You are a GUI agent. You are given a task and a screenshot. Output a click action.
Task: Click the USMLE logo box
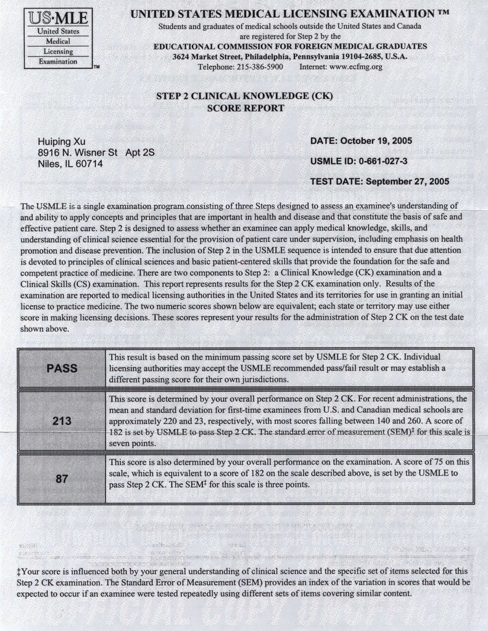[58, 38]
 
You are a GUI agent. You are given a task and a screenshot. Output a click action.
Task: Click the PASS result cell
[62, 368]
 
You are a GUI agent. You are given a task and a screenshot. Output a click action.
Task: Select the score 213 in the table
[62, 421]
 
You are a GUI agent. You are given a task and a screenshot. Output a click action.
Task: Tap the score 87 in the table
[62, 478]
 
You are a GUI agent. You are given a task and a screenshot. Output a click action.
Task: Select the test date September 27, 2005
[407, 181]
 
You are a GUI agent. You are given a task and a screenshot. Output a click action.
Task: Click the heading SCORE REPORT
[246, 108]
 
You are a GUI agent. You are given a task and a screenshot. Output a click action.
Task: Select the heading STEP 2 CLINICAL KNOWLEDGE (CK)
[245, 97]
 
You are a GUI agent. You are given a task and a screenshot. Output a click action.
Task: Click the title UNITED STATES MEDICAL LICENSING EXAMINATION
[290, 14]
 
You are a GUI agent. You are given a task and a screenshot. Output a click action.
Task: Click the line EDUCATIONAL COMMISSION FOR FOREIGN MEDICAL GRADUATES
[290, 46]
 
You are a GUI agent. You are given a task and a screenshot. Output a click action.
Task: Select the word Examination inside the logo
[57, 62]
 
